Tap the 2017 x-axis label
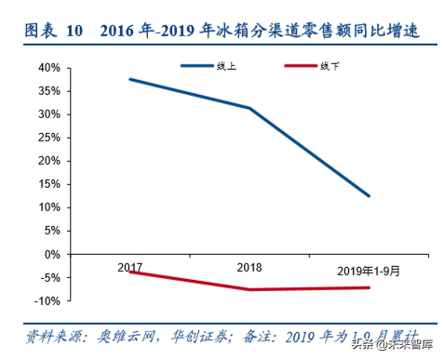pyautogui.click(x=129, y=267)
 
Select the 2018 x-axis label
pyautogui.click(x=249, y=267)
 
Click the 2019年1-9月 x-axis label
pyautogui.click(x=369, y=271)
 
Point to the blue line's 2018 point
pyautogui.click(x=249, y=108)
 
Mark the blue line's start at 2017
pyautogui.click(x=129, y=79)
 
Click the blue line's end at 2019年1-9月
pyautogui.click(x=369, y=196)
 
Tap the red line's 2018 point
pyautogui.click(x=249, y=289)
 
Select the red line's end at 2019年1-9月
pyautogui.click(x=369, y=287)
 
